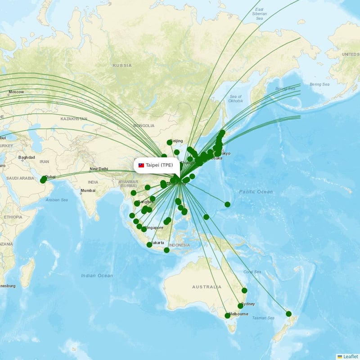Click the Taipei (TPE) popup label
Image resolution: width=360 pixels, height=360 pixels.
(x=156, y=165)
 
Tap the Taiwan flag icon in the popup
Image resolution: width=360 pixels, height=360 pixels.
(x=141, y=165)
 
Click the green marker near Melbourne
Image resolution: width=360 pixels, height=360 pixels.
(x=227, y=315)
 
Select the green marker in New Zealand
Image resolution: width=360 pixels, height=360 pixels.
(x=288, y=314)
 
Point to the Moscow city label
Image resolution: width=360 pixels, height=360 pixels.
(x=16, y=92)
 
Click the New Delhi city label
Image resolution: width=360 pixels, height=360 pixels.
(x=99, y=169)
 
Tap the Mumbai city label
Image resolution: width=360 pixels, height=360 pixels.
(x=88, y=191)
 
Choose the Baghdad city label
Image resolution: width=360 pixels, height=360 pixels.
(x=27, y=157)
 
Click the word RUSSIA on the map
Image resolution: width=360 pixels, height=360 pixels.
(x=122, y=65)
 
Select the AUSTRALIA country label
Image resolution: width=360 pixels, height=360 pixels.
(x=207, y=287)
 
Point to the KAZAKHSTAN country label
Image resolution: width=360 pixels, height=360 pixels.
(x=74, y=119)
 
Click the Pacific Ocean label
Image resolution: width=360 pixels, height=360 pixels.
(x=256, y=192)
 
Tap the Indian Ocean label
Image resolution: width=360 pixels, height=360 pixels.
(x=97, y=275)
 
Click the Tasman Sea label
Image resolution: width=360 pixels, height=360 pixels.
(x=263, y=318)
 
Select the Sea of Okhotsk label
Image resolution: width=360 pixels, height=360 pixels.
(x=235, y=99)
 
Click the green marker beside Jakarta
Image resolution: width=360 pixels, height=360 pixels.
(x=149, y=245)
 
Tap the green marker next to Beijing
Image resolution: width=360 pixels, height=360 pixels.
(x=169, y=143)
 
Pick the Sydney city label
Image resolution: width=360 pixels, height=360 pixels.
(x=248, y=304)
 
